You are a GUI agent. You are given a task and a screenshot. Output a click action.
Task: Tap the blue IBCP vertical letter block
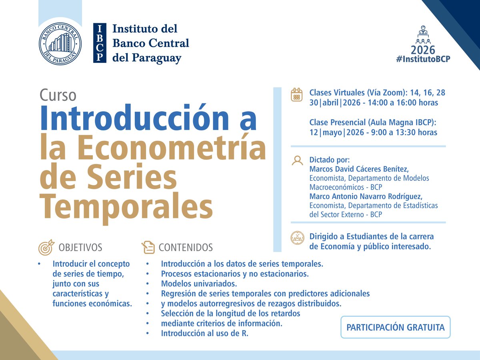(x=100, y=43)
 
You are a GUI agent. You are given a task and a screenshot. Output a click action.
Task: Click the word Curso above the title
(x=58, y=95)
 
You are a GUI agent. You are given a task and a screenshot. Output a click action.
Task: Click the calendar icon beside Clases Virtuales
(x=296, y=94)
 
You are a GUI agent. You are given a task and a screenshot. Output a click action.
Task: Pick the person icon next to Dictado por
(x=297, y=161)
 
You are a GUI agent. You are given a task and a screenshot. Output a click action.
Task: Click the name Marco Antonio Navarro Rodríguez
(x=366, y=196)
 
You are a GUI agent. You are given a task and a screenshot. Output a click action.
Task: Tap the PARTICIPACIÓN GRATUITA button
(x=395, y=327)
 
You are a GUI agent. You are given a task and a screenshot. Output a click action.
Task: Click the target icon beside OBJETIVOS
(x=46, y=248)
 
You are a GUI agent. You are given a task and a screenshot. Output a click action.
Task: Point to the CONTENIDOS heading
(x=186, y=248)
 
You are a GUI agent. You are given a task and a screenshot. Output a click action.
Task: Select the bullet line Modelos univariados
(x=199, y=284)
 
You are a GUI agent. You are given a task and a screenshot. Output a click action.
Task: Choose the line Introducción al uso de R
(x=204, y=333)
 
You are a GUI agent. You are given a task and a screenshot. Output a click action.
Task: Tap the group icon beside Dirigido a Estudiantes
(x=297, y=237)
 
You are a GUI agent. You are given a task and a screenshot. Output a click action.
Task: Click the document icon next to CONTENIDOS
(x=148, y=248)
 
